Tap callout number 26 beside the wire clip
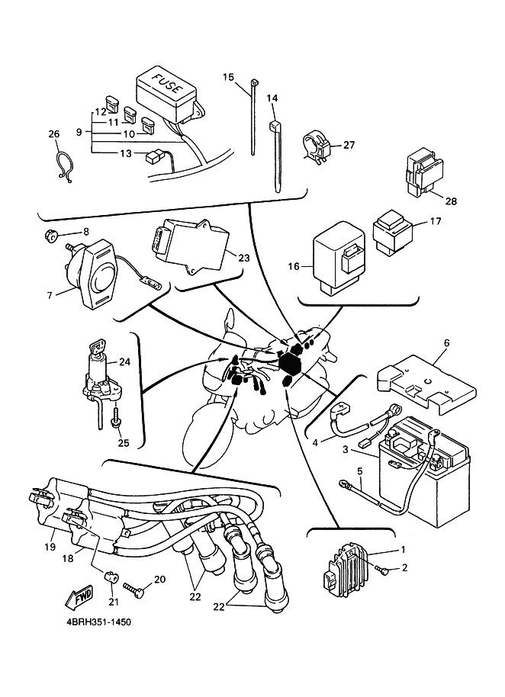[53, 135]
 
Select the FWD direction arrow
[79, 596]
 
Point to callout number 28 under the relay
[451, 201]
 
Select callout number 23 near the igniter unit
[243, 258]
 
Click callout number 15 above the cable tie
[228, 77]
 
